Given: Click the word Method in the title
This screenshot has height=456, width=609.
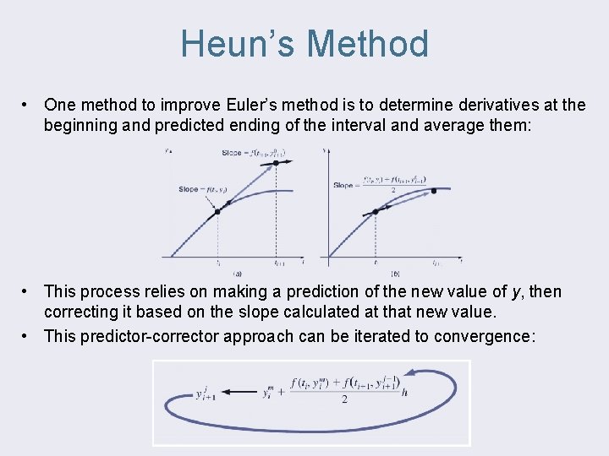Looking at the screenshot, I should pyautogui.click(x=368, y=44).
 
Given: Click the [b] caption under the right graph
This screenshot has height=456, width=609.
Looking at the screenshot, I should pyautogui.click(x=396, y=274).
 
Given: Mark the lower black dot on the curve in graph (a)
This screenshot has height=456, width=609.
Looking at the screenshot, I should pyautogui.click(x=217, y=211).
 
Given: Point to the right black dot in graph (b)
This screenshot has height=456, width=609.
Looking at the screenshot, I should pyautogui.click(x=434, y=192).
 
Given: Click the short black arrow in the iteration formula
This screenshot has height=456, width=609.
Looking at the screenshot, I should pyautogui.click(x=241, y=390).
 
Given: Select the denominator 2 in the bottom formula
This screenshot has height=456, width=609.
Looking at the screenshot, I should pyautogui.click(x=344, y=400).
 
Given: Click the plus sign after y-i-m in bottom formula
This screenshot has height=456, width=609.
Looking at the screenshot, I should pyautogui.click(x=281, y=391).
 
